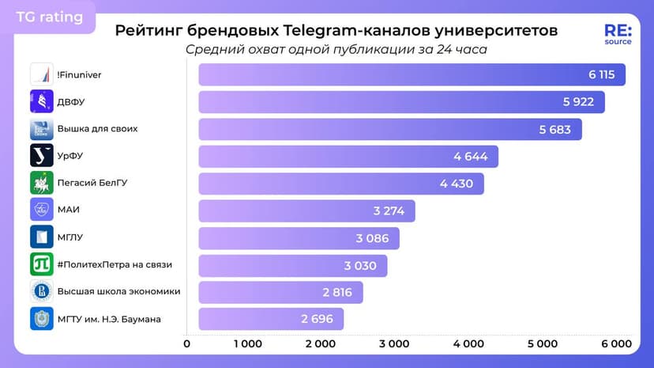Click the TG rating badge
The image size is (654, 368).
(49, 17)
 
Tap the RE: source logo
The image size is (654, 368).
(618, 34)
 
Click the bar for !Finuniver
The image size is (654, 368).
(411, 74)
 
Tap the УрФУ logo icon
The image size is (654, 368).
(41, 155)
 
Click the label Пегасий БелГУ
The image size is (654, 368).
(92, 183)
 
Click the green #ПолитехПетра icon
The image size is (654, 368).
(41, 264)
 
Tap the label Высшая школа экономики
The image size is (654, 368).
(118, 291)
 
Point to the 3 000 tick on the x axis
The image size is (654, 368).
(393, 344)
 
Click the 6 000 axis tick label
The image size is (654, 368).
(615, 344)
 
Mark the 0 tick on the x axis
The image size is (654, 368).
(186, 344)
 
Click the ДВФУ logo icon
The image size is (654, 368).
(41, 101)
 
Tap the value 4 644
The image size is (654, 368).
(471, 157)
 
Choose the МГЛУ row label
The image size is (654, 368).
(70, 237)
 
